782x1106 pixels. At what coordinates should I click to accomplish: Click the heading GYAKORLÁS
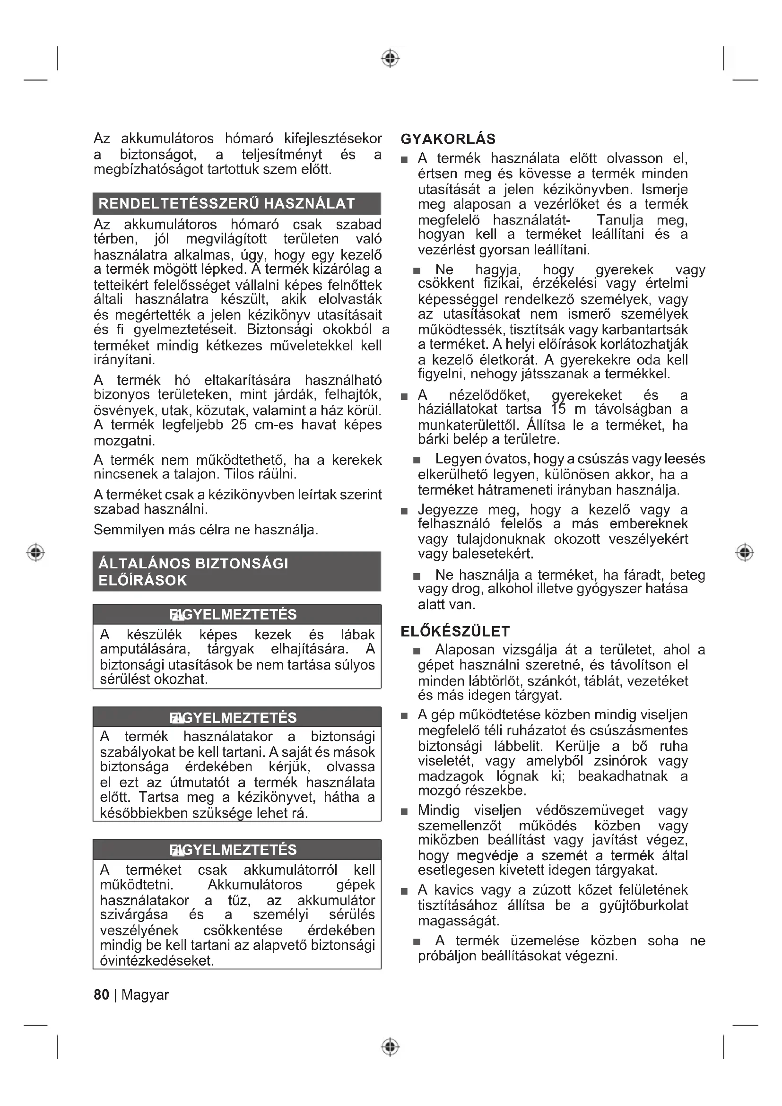coord(448,139)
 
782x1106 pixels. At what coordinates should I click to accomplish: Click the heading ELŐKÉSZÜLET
coord(455,632)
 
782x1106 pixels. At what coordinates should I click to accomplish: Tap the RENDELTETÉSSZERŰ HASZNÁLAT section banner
coord(236,204)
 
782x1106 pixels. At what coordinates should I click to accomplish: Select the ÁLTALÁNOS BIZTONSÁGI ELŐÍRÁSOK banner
coord(236,571)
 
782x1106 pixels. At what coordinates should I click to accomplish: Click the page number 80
coord(101,995)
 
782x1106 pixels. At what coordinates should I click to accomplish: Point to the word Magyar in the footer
coord(145,995)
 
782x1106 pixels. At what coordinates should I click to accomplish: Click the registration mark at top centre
coord(391,58)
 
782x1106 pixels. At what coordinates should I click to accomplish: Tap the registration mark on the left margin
coord(35,552)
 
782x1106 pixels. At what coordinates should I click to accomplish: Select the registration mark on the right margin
coord(745,552)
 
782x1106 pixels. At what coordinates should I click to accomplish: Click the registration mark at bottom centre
coord(391,1047)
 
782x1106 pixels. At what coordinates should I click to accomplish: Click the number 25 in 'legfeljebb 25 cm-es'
coord(238,425)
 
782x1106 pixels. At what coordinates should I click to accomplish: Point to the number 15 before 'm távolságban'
coord(558,409)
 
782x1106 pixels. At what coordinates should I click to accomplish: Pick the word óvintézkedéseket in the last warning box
coord(156,960)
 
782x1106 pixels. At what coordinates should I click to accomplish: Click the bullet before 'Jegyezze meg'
coord(405,511)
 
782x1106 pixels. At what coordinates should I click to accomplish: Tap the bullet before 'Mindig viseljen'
coord(405,812)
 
